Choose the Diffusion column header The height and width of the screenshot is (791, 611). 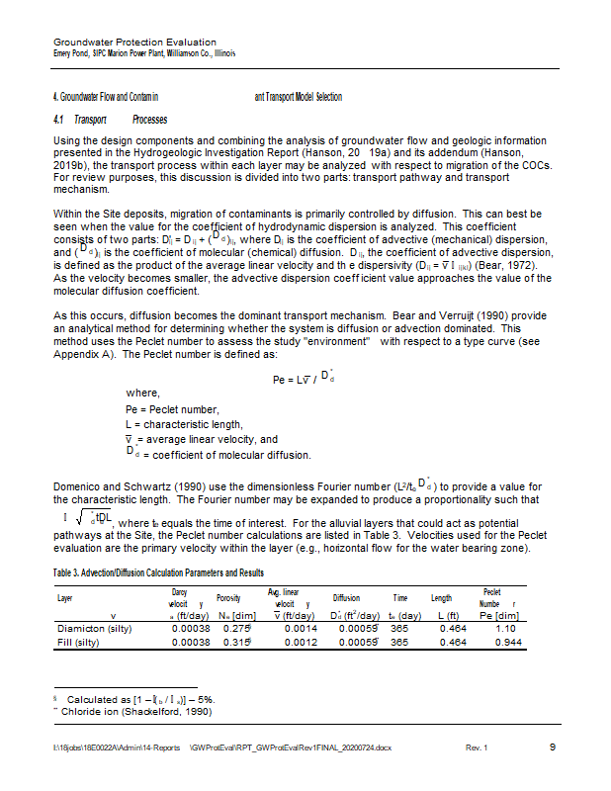pos(346,598)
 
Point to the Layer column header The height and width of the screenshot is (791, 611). pos(65,598)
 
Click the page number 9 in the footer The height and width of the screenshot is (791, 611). pos(552,747)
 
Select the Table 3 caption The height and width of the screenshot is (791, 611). pos(157,573)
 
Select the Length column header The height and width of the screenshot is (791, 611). pos(441,598)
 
